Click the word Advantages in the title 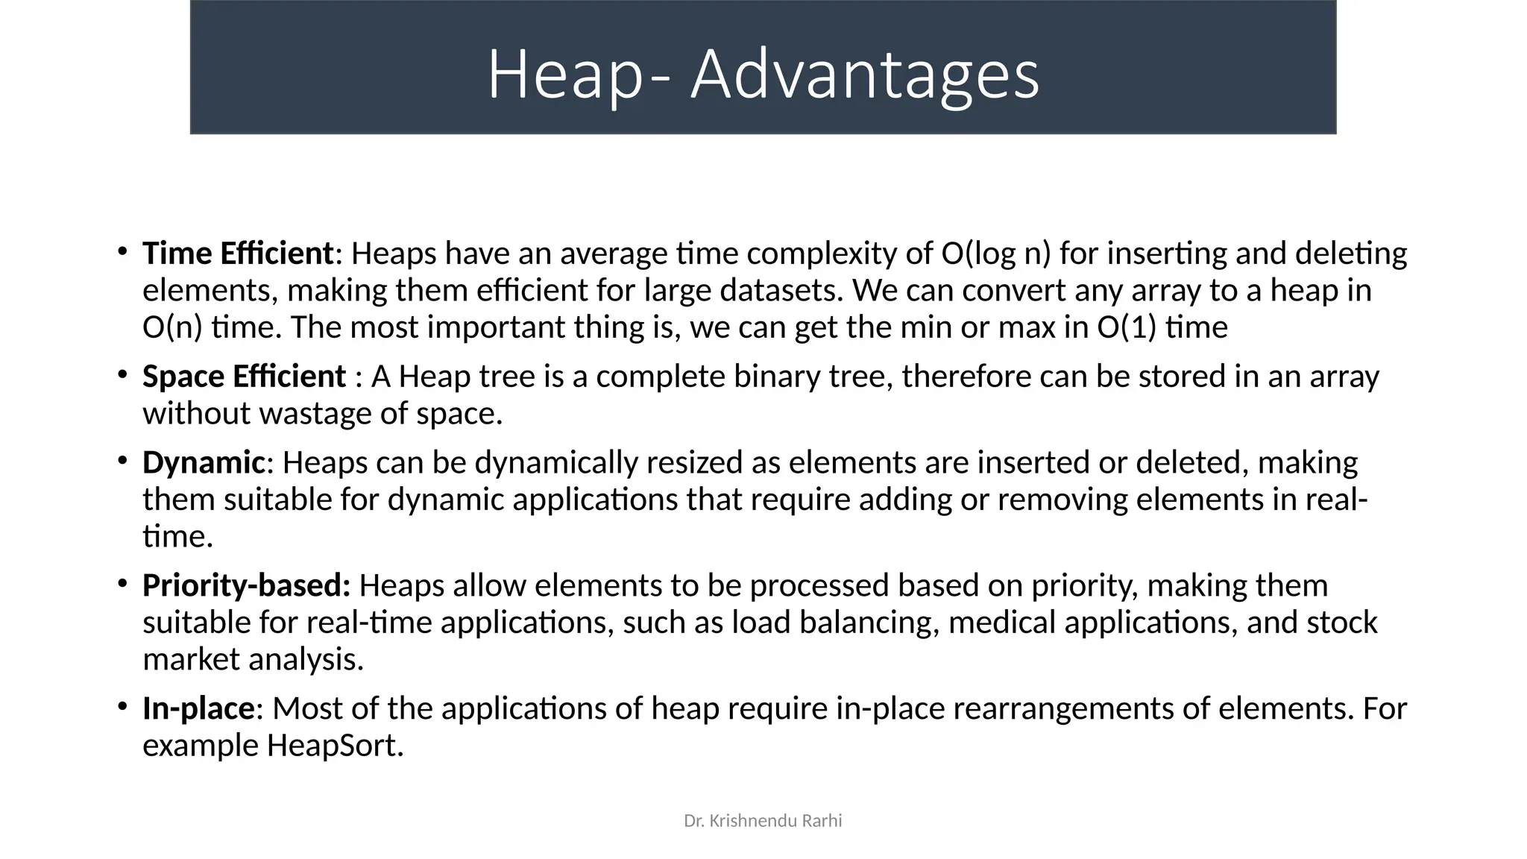[x=865, y=74]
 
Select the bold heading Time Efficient [x=237, y=254]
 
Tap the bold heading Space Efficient [x=244, y=377]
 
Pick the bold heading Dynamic [x=203, y=462]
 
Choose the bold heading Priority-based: [x=246, y=585]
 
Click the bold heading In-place [x=198, y=708]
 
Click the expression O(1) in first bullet [x=1127, y=327]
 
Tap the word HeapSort [x=335, y=746]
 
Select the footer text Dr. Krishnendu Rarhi [x=763, y=821]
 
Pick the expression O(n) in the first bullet [x=172, y=327]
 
